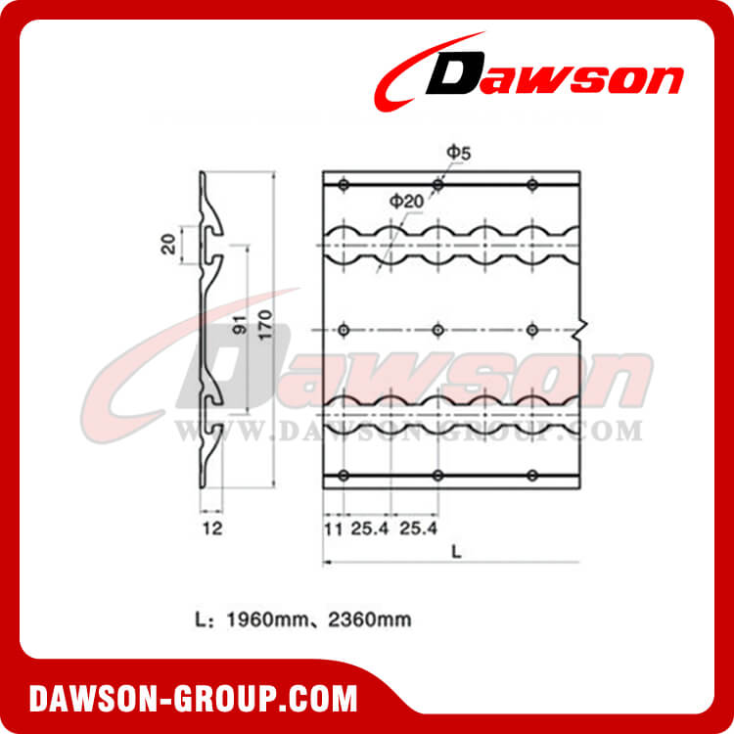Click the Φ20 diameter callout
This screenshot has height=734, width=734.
click(x=405, y=200)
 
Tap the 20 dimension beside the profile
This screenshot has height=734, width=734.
click(x=169, y=243)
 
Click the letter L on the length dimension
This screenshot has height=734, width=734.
click(x=456, y=550)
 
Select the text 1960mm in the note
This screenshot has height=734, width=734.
click(x=257, y=619)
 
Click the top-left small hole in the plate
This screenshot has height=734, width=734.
click(x=343, y=185)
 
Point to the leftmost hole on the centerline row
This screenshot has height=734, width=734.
click(x=343, y=329)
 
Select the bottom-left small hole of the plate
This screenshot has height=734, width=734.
click(x=343, y=476)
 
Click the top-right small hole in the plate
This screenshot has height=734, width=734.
click(x=532, y=185)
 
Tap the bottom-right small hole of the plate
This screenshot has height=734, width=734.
click(x=532, y=476)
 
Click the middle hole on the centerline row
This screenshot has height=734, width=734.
click(x=437, y=329)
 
